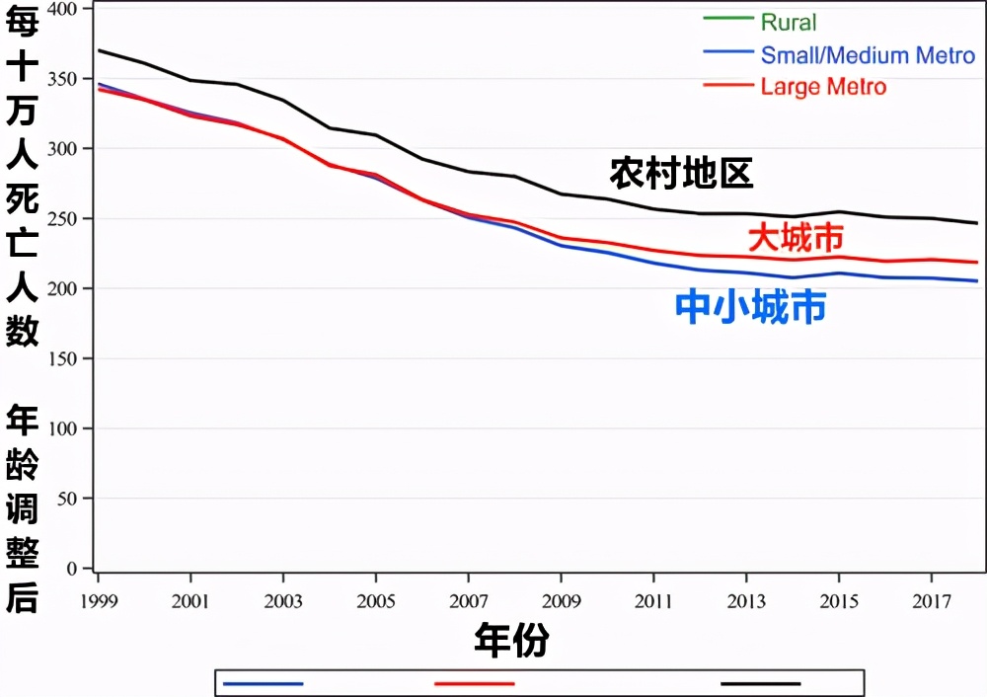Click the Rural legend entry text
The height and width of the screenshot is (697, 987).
point(789,22)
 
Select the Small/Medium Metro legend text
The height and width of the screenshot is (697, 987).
point(868,55)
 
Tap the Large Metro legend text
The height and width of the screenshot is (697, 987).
point(823,87)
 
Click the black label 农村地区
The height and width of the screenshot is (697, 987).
point(681,173)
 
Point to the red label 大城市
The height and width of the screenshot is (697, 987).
point(796,238)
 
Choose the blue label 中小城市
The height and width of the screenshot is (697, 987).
point(750,307)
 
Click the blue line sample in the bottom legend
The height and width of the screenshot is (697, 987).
point(263,682)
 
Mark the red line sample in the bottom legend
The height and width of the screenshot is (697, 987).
point(475,682)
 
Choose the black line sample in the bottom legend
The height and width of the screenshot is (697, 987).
point(761,682)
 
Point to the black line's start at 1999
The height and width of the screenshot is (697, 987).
point(99,50)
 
